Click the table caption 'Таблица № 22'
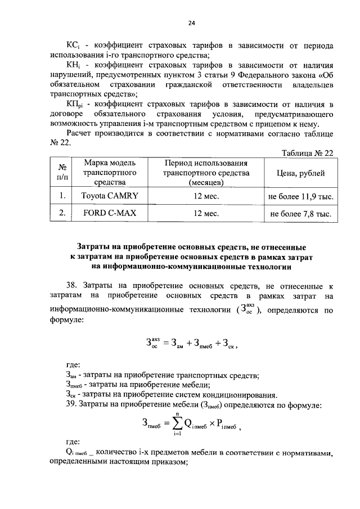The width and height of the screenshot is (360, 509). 307,152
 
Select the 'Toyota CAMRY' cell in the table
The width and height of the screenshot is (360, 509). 110,196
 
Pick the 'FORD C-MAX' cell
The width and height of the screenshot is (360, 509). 110,214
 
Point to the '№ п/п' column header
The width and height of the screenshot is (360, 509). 63,173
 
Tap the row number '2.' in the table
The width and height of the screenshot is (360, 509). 63,214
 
